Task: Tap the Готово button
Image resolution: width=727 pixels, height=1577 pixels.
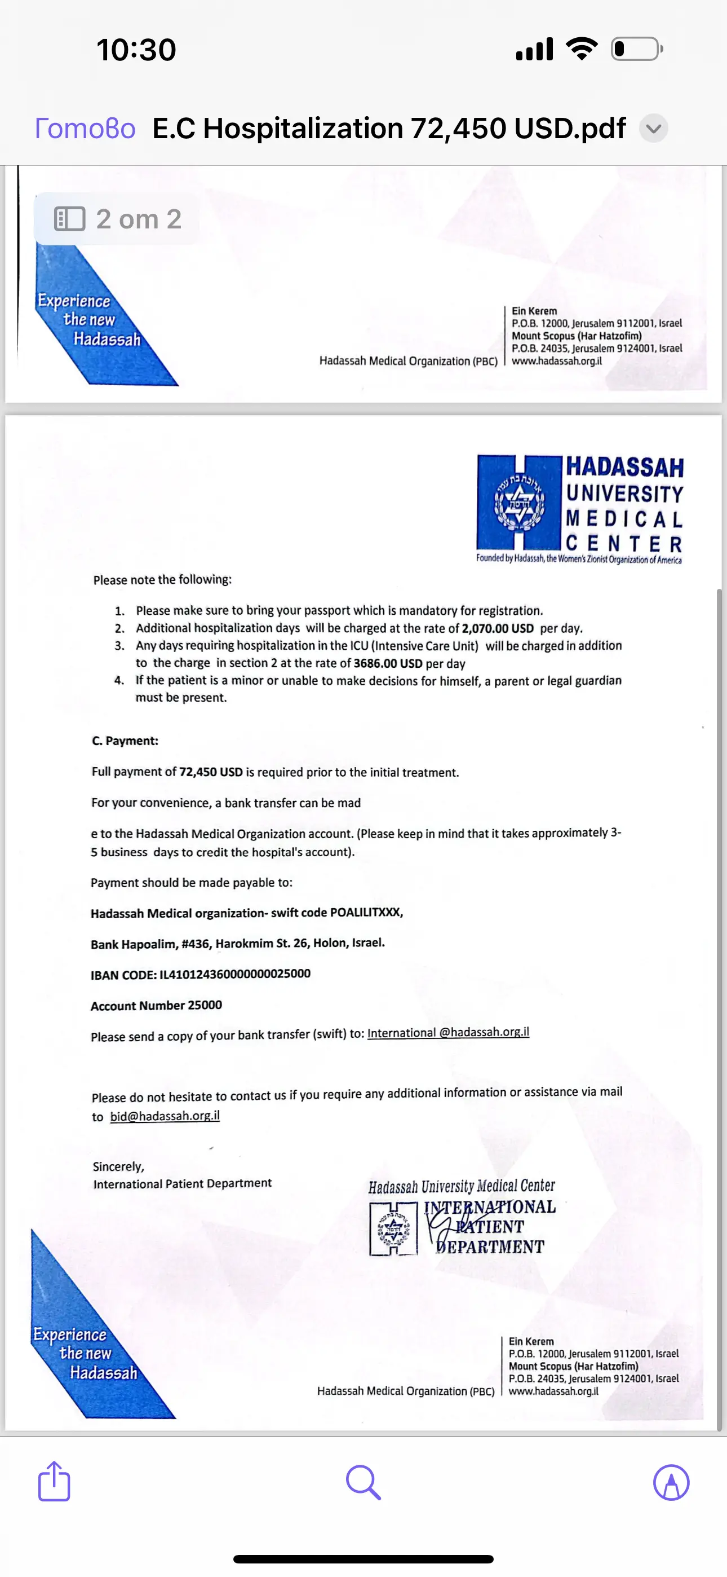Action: [x=85, y=129]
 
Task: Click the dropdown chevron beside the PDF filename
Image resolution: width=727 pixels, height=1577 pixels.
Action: [x=654, y=129]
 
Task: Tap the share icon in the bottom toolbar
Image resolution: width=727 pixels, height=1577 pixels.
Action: [x=54, y=1482]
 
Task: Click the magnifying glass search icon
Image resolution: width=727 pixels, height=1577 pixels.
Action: [x=363, y=1482]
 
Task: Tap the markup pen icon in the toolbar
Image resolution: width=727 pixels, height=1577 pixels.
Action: [x=671, y=1482]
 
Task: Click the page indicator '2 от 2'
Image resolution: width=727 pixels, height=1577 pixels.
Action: [x=118, y=219]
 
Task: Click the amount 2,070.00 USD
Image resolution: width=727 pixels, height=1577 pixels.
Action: [x=498, y=628]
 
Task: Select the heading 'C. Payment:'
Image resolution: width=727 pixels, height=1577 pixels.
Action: [x=125, y=741]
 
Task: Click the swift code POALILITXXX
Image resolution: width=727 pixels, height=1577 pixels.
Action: [x=365, y=913]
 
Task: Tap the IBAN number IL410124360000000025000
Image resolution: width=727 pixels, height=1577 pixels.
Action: [x=235, y=974]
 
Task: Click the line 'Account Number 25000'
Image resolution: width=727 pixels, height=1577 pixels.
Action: [x=156, y=1005]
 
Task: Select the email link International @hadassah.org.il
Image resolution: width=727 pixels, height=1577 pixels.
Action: [x=448, y=1033]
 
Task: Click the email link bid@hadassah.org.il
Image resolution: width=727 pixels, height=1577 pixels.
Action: [x=165, y=1116]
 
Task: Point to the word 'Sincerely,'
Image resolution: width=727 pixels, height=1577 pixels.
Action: [x=118, y=1167]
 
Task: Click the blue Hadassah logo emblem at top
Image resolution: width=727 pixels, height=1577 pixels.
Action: [x=519, y=502]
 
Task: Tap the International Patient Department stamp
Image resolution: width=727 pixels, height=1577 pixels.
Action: [x=463, y=1218]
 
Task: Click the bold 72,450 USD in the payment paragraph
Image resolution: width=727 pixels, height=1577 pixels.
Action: [x=211, y=772]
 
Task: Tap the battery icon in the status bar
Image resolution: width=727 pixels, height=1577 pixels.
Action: [x=636, y=49]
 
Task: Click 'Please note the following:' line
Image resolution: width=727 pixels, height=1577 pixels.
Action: [x=162, y=580]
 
